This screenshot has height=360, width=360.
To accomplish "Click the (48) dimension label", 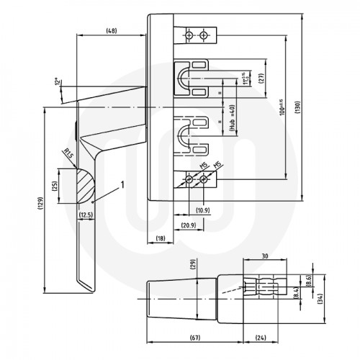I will tap(112, 31).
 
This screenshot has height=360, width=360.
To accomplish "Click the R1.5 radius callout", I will tap(68, 153).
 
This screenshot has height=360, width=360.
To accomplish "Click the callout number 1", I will tap(123, 184).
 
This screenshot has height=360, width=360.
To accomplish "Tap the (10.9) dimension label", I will tap(204, 210).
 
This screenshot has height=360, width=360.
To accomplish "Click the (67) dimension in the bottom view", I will tap(195, 337).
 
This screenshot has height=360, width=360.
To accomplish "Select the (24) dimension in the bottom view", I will tap(261, 337).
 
